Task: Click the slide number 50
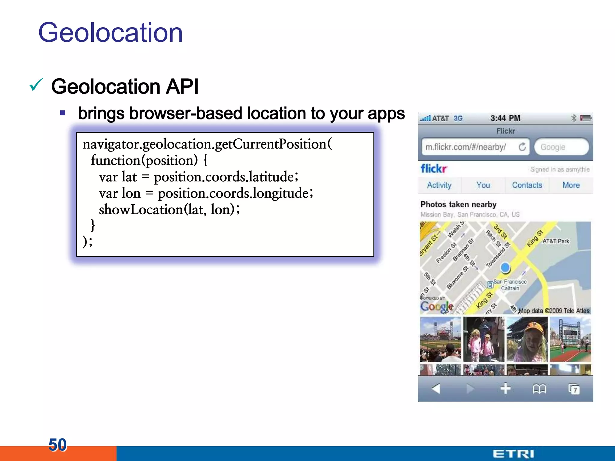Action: click(57, 444)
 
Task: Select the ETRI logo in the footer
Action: click(513, 454)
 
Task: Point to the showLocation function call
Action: click(141, 209)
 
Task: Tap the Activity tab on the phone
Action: click(439, 185)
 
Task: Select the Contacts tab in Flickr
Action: click(527, 185)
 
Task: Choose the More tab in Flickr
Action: click(571, 185)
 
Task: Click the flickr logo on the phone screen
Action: click(434, 169)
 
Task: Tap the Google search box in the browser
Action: click(561, 147)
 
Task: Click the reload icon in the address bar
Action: click(522, 147)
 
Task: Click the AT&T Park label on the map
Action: click(556, 241)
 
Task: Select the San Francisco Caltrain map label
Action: click(510, 285)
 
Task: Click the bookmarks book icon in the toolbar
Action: click(539, 389)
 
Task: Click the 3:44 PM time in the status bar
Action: click(505, 118)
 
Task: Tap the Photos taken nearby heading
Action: click(458, 204)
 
